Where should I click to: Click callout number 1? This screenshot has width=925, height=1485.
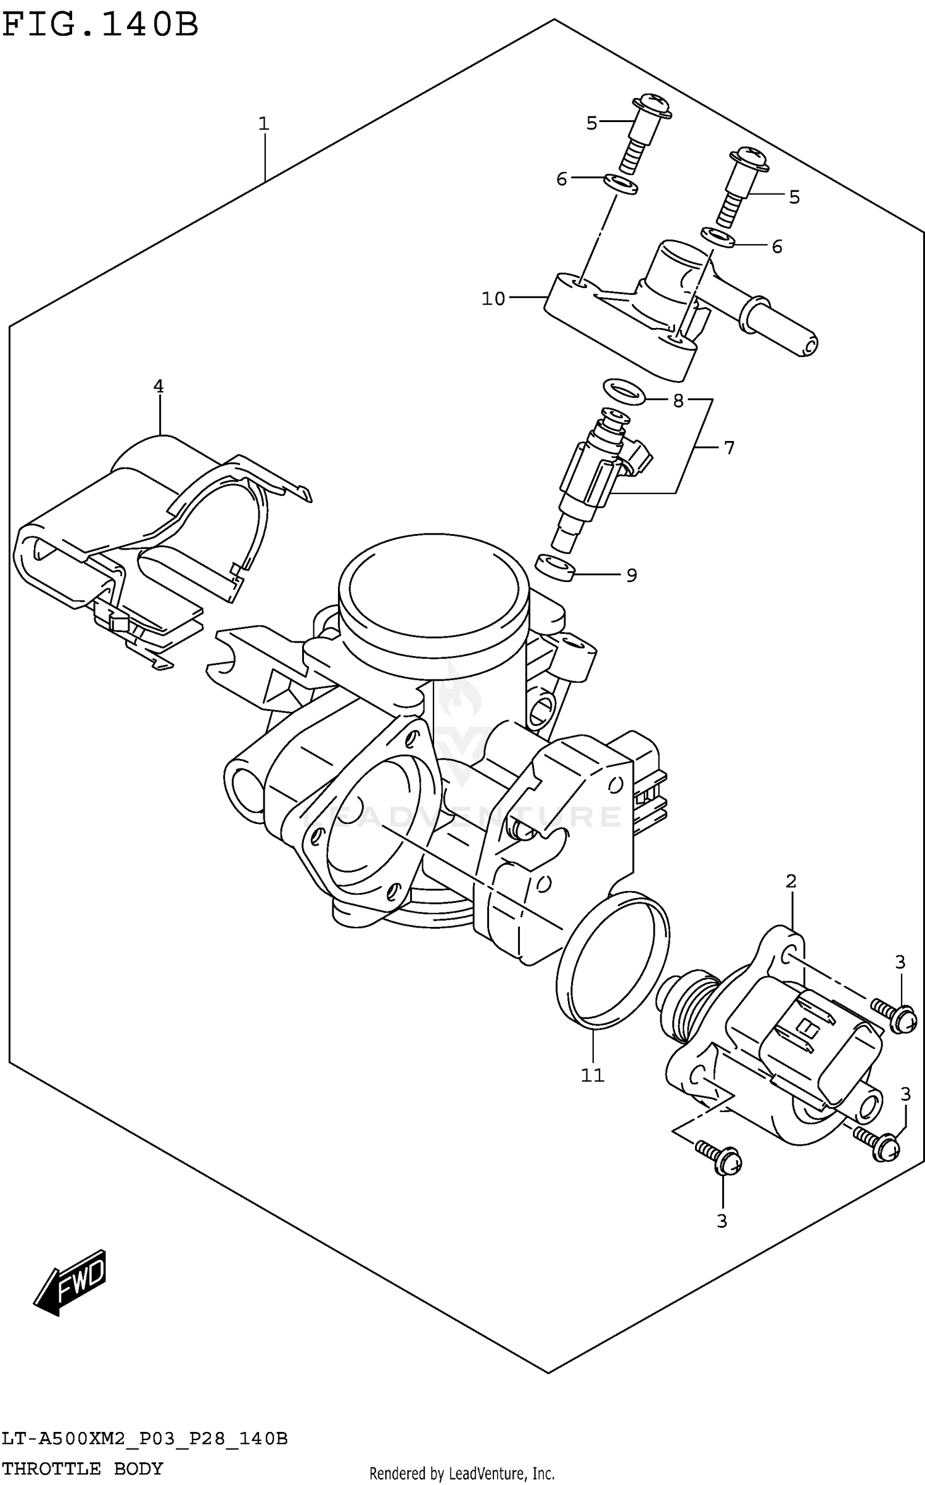tap(264, 124)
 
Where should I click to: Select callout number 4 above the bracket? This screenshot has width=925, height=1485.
tap(158, 387)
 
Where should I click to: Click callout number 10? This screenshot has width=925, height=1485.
tap(493, 299)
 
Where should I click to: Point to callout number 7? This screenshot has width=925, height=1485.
tap(730, 448)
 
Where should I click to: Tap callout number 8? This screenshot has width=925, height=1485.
tap(678, 401)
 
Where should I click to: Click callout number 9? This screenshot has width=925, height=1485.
tap(631, 575)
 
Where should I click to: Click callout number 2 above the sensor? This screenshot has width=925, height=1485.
tap(791, 881)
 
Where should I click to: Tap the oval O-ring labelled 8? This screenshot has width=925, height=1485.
tap(623, 390)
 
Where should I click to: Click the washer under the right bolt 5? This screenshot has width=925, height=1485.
tap(718, 237)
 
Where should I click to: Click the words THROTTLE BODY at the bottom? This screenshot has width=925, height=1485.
tap(83, 1468)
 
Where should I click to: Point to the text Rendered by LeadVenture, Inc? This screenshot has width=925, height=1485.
tap(462, 1474)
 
